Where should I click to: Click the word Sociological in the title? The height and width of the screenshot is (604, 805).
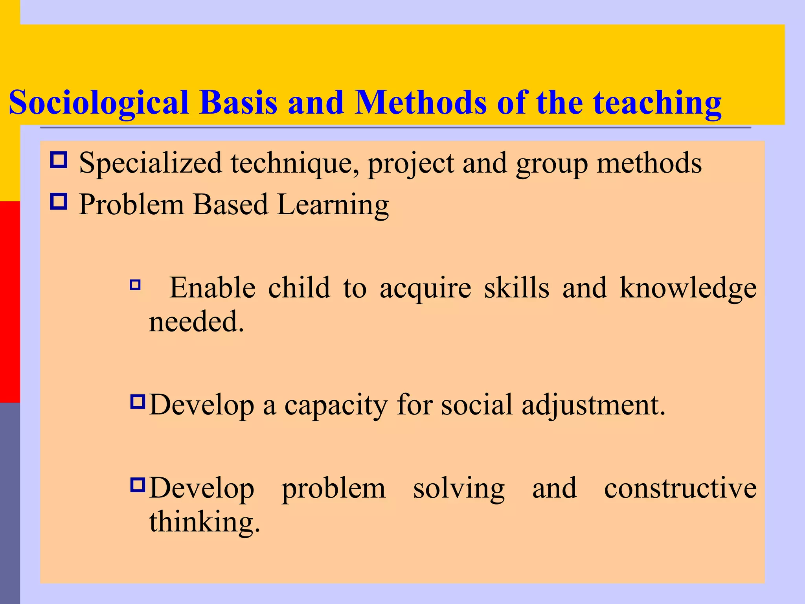pos(98,103)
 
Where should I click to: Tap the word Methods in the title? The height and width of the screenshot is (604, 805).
pos(421,103)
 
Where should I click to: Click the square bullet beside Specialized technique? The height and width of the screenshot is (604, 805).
pos(59,160)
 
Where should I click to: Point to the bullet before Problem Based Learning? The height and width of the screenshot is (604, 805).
pos(59,202)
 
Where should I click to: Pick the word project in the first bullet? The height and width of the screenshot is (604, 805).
pos(411,164)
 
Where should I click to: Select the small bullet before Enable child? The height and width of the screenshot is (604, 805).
pos(135,285)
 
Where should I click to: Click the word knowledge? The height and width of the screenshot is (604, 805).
pos(688,288)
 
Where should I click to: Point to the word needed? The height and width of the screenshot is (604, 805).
pos(197,322)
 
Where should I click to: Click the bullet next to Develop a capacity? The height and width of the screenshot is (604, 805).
pos(138,402)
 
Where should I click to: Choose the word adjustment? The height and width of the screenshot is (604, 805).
pos(594,405)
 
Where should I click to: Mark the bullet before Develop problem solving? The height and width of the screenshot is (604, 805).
pos(138,485)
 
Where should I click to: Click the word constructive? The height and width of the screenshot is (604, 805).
pos(680,488)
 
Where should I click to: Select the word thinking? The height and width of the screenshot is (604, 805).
pos(204,522)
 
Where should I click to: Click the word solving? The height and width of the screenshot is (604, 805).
pos(459,489)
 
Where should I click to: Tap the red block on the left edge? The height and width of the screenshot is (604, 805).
pos(10,302)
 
